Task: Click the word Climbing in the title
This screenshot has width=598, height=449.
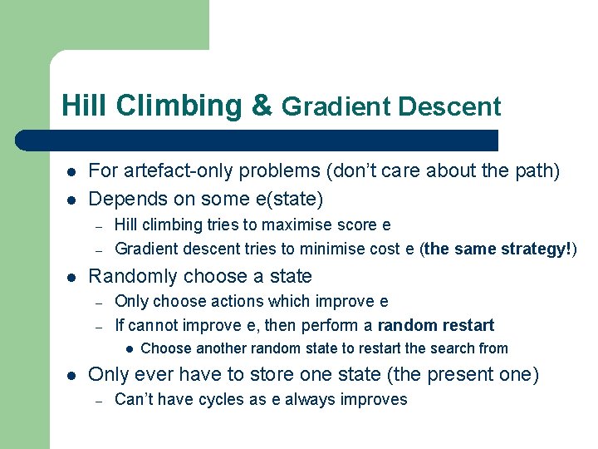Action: click(x=178, y=106)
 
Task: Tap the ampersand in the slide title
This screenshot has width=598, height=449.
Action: click(x=261, y=106)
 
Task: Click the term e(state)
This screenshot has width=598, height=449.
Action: click(x=286, y=199)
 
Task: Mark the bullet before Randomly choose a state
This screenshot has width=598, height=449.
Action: click(x=71, y=276)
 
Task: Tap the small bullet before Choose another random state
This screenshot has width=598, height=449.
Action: click(x=129, y=348)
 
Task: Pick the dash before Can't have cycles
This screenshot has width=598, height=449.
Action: click(x=98, y=400)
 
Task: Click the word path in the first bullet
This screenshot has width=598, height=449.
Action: click(x=539, y=171)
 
